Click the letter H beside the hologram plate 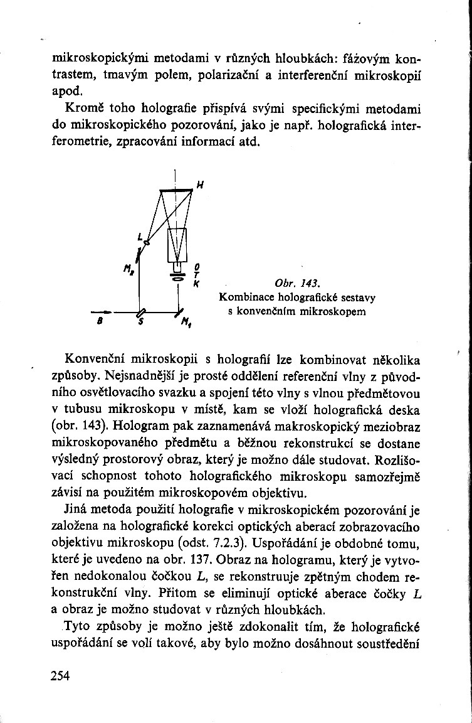tap(199, 185)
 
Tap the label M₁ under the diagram tap(186, 325)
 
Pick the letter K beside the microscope tap(196, 283)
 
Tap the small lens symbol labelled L tap(147, 242)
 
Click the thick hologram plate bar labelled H tap(176, 190)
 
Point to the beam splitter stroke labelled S tap(142, 312)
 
